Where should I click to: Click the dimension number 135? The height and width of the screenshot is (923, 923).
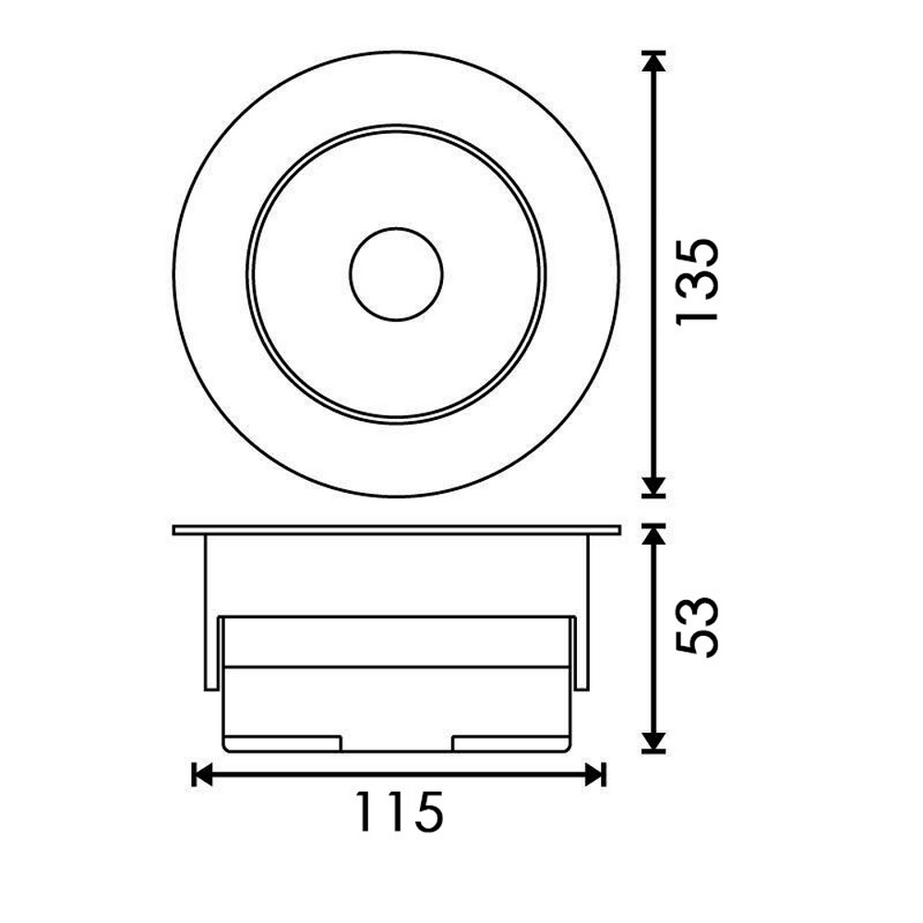[x=697, y=280]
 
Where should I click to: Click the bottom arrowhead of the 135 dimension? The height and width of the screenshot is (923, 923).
[x=653, y=486]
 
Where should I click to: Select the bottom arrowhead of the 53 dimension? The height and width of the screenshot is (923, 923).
[x=653, y=742]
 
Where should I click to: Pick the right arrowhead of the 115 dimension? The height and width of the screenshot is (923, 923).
[x=596, y=774]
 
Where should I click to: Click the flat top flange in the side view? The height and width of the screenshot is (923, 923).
[x=396, y=531]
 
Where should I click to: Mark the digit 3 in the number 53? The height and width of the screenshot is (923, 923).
[x=697, y=611]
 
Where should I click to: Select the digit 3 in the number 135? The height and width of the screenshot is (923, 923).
[x=697, y=280]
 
